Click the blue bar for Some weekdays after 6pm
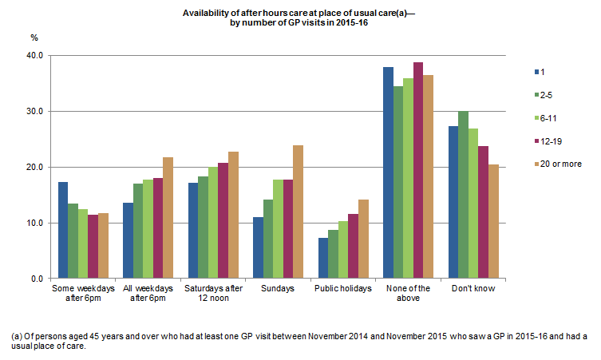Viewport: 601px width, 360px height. (x=62, y=231)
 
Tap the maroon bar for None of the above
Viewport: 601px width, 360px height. (x=418, y=171)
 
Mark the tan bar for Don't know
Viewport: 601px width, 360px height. (x=494, y=222)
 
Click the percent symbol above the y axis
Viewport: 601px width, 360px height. (x=34, y=38)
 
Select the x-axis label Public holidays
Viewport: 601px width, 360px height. (x=342, y=288)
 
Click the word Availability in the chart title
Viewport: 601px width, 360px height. (x=206, y=13)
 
